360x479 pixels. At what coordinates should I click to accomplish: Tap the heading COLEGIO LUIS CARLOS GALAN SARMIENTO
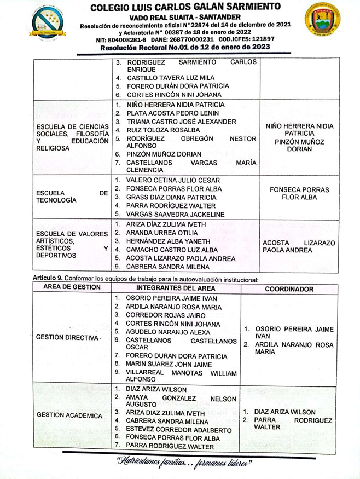[186, 7]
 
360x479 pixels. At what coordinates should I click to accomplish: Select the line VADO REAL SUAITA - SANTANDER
[186, 17]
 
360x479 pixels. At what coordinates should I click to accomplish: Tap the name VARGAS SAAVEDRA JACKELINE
[175, 215]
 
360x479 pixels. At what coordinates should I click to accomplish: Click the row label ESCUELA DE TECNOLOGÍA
[72, 197]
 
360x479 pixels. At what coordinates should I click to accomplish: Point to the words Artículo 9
[47, 279]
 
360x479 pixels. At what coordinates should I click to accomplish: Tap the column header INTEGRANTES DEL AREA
[176, 288]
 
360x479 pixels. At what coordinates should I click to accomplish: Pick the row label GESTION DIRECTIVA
[66, 337]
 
